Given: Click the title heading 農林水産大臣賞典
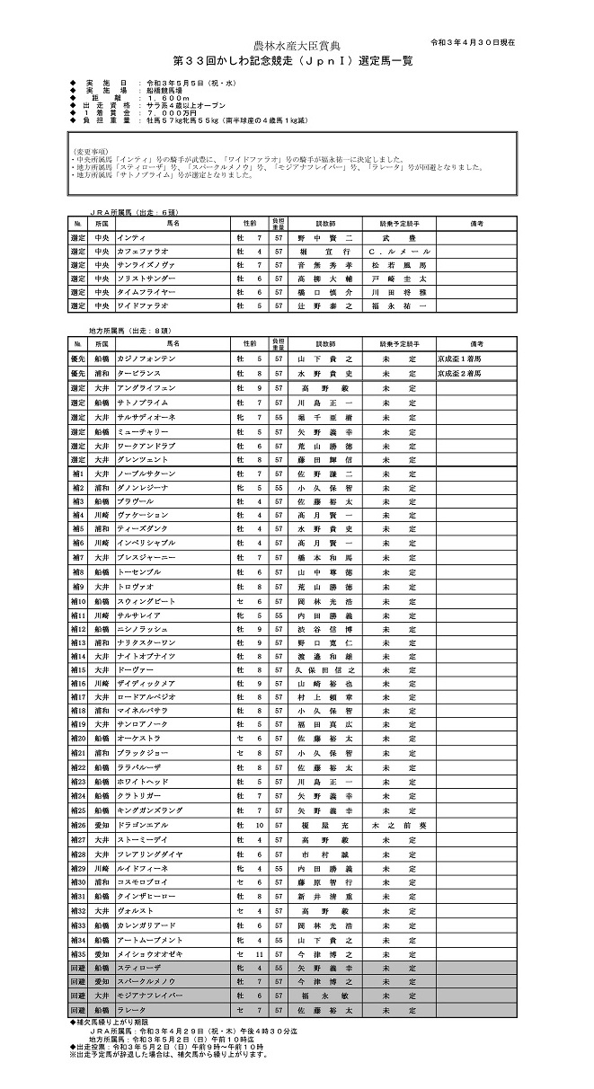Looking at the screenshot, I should [297, 44].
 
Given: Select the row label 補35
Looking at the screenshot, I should [78, 953].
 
